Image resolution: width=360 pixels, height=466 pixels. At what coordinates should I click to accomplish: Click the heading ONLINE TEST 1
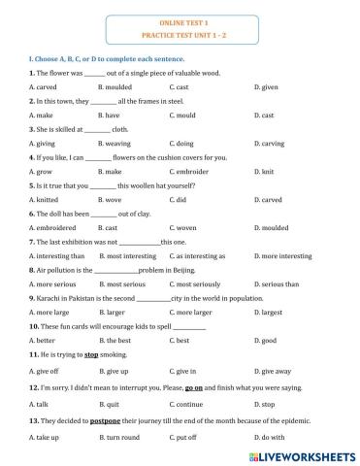tap(180, 19)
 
